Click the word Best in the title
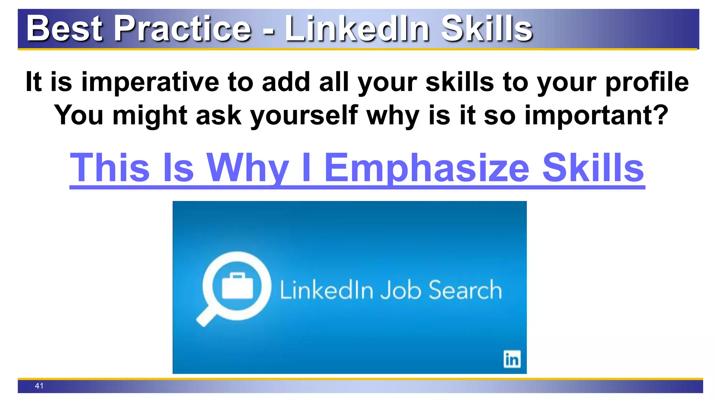(65, 29)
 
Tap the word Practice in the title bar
(183, 29)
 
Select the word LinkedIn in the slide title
(357, 29)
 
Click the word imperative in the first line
(150, 82)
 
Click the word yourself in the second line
(304, 115)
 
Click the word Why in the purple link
(248, 168)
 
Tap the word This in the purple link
(110, 168)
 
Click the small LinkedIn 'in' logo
(512, 359)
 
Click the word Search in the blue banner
(465, 290)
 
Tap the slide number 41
(39, 386)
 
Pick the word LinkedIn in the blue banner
(326, 290)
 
